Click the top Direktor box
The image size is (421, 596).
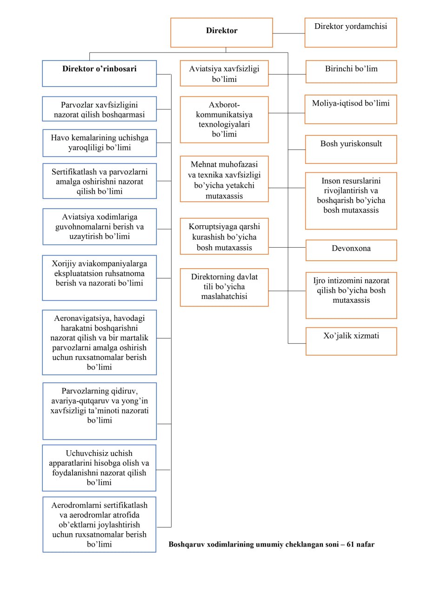pos(221,33)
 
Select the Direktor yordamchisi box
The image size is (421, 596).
pos(351,33)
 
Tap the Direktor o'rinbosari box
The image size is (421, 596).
pos(100,74)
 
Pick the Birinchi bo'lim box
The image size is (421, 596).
pos(351,72)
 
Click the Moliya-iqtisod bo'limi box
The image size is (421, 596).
pos(351,109)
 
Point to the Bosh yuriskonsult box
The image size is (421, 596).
pos(351,149)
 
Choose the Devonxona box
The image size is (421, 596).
pos(351,250)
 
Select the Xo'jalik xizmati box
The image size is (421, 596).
pos(351,341)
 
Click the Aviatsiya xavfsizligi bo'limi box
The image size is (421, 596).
pos(224,73)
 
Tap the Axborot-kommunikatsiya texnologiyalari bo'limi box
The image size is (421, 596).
pos(224,120)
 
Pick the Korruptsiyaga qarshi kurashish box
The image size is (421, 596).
pos(224,236)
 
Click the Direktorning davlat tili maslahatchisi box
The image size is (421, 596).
pos(224,287)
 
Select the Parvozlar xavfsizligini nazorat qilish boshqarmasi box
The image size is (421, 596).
pos(100,109)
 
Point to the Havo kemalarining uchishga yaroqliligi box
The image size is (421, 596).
pos(100,143)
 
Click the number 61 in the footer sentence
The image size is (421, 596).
pos(350,544)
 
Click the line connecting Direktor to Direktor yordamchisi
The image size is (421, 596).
pos(288,33)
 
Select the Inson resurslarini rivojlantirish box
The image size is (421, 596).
pos(351,201)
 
